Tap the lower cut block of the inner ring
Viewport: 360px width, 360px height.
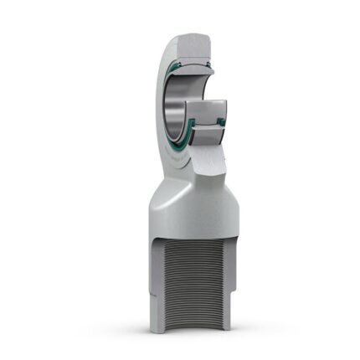(205, 110)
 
